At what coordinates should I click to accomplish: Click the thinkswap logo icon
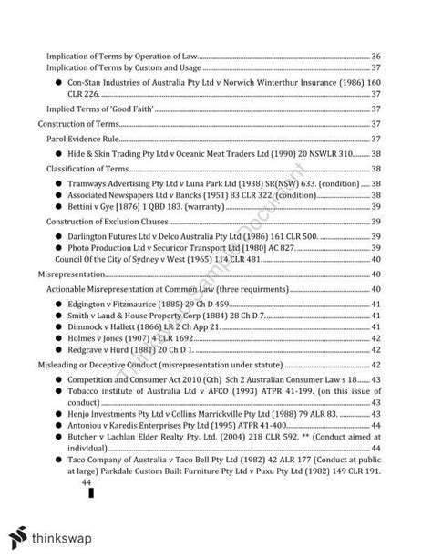tap(22, 534)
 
